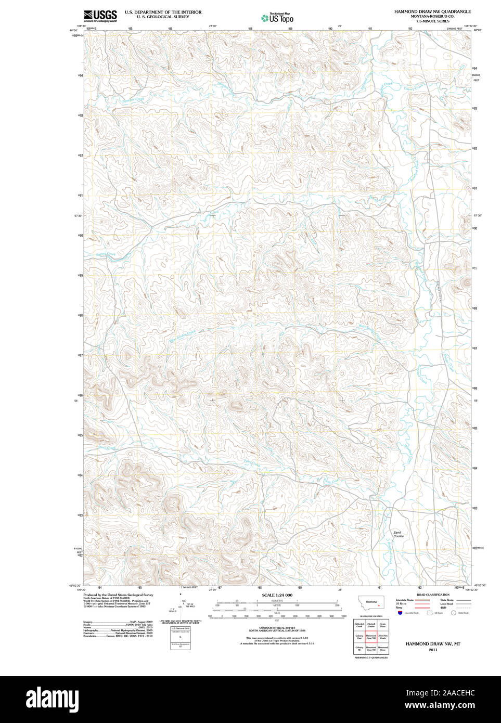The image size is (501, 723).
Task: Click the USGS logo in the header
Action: point(100,16)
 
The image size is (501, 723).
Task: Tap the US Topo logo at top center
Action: point(277,18)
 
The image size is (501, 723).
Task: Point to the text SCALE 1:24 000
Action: point(277,595)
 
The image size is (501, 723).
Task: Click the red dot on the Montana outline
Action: point(379,605)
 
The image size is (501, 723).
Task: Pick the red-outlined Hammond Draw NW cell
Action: point(371,637)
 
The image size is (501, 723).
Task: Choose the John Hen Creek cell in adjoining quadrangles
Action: point(383,637)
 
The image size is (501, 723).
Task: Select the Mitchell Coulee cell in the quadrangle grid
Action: point(371,625)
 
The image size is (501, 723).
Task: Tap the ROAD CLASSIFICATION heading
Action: point(433,595)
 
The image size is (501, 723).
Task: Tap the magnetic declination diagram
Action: point(180,603)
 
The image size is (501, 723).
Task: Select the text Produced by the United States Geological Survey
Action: point(118,595)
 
